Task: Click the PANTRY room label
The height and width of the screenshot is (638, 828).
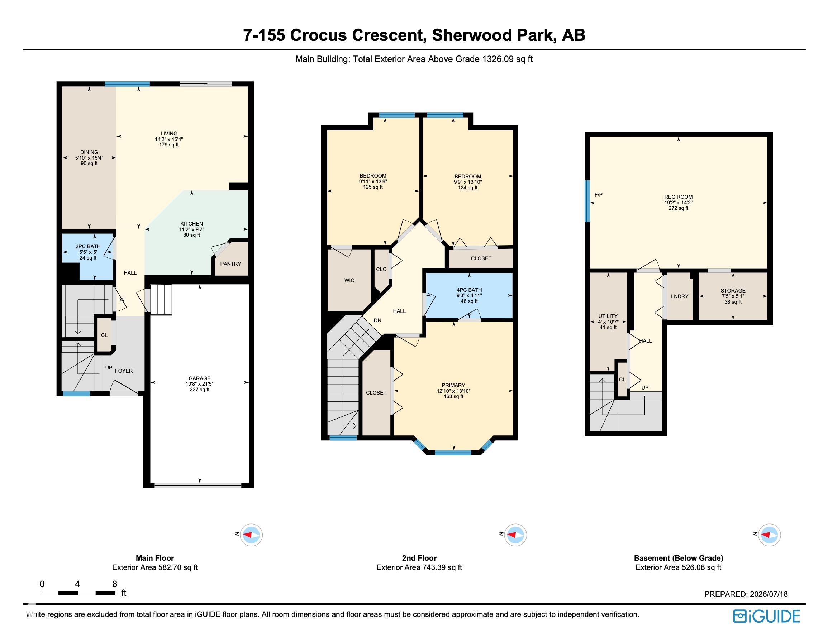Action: coord(230,264)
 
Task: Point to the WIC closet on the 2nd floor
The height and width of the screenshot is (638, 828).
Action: coord(349,280)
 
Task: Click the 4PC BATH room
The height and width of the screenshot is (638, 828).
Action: coord(469,295)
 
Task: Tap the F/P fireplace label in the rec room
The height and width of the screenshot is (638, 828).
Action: coord(599,195)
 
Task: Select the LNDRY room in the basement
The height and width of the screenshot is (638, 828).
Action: coord(679,296)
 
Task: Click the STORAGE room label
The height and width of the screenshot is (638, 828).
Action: coord(733,291)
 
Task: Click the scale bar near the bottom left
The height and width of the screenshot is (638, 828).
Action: coord(78,593)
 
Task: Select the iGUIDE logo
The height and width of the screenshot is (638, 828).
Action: coord(766,617)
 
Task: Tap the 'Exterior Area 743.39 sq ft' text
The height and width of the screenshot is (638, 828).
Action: coord(419,567)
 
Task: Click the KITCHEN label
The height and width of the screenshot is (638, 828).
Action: coord(191,224)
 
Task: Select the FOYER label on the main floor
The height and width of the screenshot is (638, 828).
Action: coord(124,371)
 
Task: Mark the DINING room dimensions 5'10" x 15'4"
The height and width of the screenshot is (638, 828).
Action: coord(89,158)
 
